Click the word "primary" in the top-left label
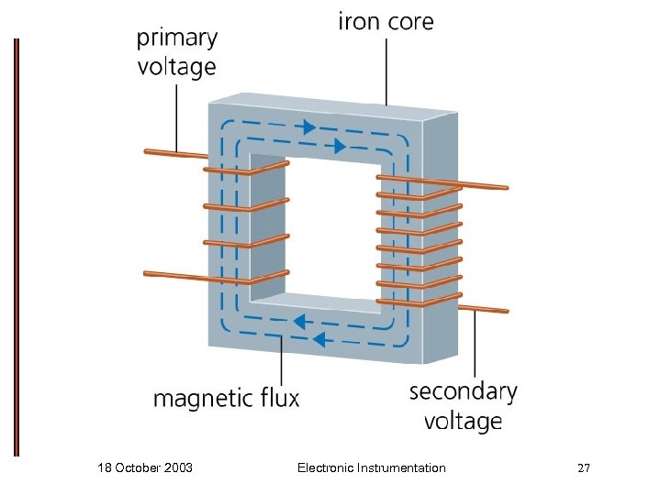pos(176,38)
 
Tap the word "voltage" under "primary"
pos(176,67)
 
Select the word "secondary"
pos(463,392)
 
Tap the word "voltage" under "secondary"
pos(463,421)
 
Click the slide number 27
pos(583,468)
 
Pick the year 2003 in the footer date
pos(177,468)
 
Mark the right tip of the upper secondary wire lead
pos(505,188)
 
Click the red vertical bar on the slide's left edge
pos(16,247)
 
